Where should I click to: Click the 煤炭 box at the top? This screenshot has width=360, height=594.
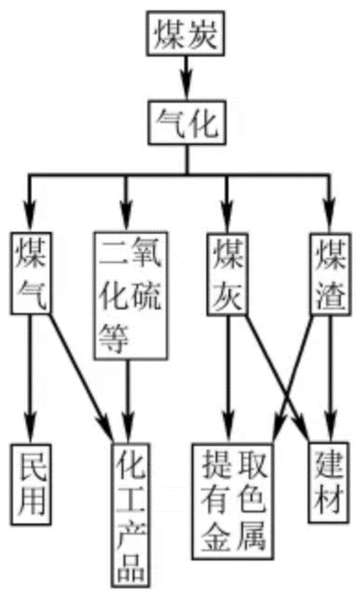coord(185,34)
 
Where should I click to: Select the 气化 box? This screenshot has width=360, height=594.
coord(187,122)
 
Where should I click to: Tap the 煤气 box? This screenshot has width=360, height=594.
coord(31,273)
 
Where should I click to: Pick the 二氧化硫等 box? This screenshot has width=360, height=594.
coord(130,296)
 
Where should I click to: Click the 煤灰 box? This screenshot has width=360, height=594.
coord(227,274)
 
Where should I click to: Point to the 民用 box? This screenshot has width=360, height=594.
coord(31,484)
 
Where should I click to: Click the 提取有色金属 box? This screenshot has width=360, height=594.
coord(233,501)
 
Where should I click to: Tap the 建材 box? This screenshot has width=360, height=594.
coord(328,482)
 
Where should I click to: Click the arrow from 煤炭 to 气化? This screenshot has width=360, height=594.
coord(186,79)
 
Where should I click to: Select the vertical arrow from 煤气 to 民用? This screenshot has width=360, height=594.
coord(30,379)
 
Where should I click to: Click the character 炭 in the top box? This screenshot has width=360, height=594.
coord(203,35)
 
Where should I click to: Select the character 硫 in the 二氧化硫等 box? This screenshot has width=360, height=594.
coord(147,296)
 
